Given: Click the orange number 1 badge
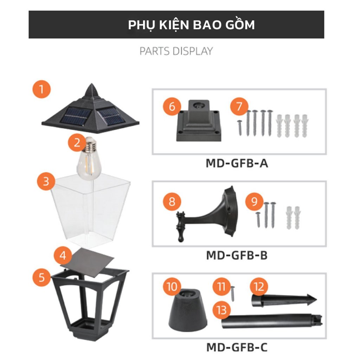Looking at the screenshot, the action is click(x=41, y=89).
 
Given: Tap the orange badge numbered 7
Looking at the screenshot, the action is click(x=239, y=107).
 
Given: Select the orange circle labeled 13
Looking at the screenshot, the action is click(x=221, y=310).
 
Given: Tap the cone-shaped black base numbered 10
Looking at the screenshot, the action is click(x=188, y=310).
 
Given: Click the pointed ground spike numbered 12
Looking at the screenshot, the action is click(x=284, y=300).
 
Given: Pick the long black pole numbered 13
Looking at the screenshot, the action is click(x=272, y=321).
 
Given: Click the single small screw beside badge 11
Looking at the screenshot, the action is click(x=233, y=294).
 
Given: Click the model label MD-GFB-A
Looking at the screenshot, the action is click(x=237, y=163).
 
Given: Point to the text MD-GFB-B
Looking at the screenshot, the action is click(x=237, y=255).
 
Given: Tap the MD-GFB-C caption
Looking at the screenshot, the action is click(x=237, y=347).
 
